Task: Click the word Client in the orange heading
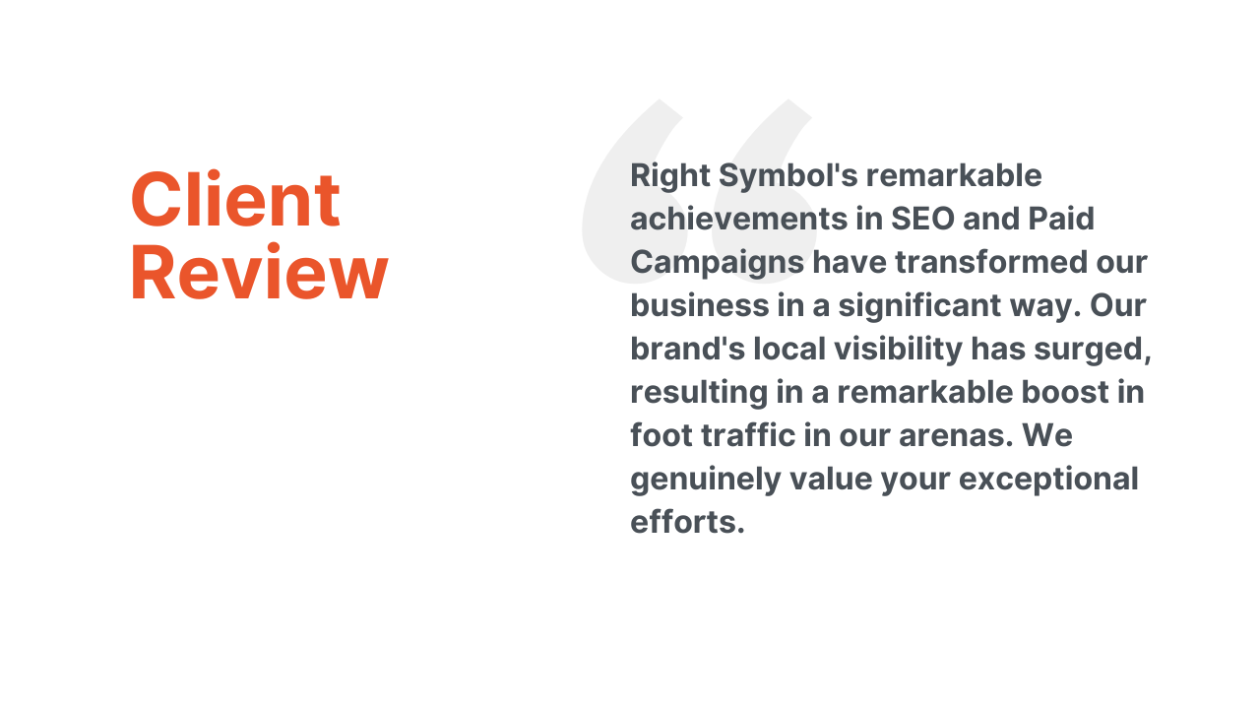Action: point(235,199)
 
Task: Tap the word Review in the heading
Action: point(259,273)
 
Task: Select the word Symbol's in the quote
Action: point(788,176)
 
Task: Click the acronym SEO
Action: point(922,219)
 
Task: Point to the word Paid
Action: point(1061,219)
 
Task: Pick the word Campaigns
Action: point(718,263)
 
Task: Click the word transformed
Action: point(991,262)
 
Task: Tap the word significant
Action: point(919,306)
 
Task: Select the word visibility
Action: point(899,350)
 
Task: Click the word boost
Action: point(1065,392)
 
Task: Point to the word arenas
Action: point(956,436)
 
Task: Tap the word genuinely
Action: point(706,480)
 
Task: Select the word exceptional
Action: point(1048,480)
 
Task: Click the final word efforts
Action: point(687,522)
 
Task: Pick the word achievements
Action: point(738,219)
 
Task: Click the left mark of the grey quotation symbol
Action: point(633,191)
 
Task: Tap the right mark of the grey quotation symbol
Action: point(762,191)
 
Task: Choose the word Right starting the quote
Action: point(670,176)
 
